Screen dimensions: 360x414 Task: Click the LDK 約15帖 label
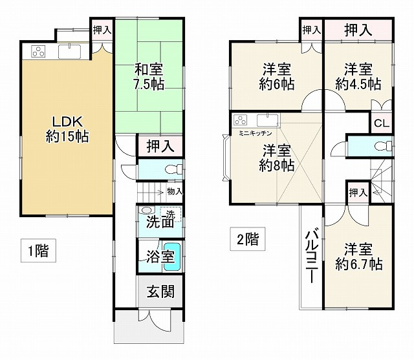67,128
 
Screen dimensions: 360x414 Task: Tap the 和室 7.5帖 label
149,76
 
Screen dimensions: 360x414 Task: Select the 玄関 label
159,291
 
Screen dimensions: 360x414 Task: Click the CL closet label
381,123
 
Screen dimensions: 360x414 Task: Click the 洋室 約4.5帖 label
358,76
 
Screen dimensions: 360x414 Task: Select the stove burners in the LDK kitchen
38,51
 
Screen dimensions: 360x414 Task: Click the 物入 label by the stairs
175,191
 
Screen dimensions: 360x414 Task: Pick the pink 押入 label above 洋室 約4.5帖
358,30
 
